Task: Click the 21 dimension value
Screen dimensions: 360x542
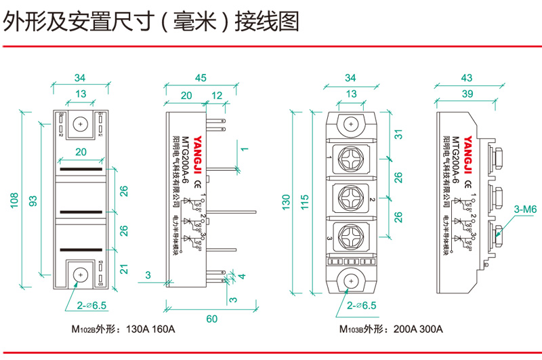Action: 123,269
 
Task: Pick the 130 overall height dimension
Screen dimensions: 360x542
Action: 287,201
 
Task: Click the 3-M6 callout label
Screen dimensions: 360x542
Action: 524,210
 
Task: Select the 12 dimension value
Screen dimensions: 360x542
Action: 216,96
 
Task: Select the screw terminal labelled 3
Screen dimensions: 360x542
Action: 352,237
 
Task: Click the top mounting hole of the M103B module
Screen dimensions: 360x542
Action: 352,125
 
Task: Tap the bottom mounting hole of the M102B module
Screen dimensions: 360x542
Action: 81,275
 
